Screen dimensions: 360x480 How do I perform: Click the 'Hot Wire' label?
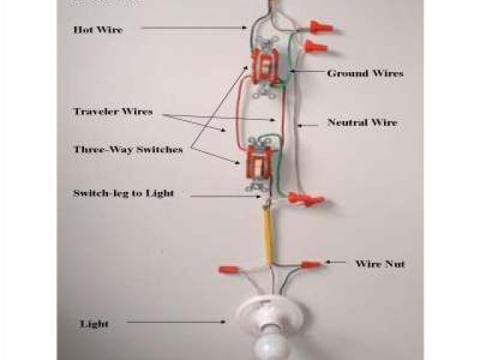pyautogui.click(x=97, y=30)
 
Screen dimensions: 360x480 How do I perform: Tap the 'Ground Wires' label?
pyautogui.click(x=365, y=73)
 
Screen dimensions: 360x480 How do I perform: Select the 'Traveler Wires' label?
pyautogui.click(x=112, y=112)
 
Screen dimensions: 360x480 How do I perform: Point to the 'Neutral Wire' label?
pyautogui.click(x=362, y=121)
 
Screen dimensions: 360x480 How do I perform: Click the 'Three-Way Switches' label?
pyautogui.click(x=128, y=150)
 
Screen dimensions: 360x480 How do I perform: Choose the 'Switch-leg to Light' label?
pyautogui.click(x=124, y=193)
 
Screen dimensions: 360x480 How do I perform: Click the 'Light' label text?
pyautogui.click(x=94, y=324)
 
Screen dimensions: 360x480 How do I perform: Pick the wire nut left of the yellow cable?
pyautogui.click(x=229, y=268)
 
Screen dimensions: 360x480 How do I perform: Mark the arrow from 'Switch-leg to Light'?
pyautogui.click(x=225, y=196)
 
